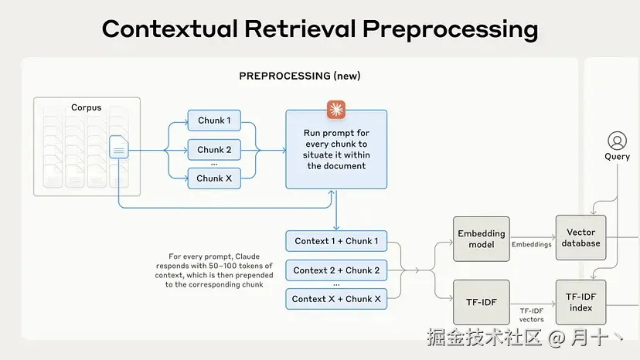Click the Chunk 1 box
pyautogui.click(x=214, y=121)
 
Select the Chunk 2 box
pyautogui.click(x=214, y=150)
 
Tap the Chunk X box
pyautogui.click(x=214, y=178)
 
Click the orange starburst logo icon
pyautogui.click(x=336, y=110)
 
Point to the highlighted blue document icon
pyautogui.click(x=119, y=147)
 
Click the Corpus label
pyautogui.click(x=86, y=107)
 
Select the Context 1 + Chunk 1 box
pyautogui.click(x=336, y=241)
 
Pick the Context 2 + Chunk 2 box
pyautogui.click(x=336, y=270)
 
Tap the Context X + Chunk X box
pyautogui.click(x=336, y=299)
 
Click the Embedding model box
pyautogui.click(x=482, y=239)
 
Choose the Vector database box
pyautogui.click(x=580, y=237)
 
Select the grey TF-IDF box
pyautogui.click(x=482, y=302)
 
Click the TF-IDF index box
pyautogui.click(x=580, y=302)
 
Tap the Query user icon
pyautogui.click(x=617, y=141)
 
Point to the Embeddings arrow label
pyautogui.click(x=532, y=244)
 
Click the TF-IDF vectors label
pyautogui.click(x=532, y=315)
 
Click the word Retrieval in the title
pyautogui.click(x=300, y=29)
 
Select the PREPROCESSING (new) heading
pyautogui.click(x=300, y=76)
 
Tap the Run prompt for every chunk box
pyautogui.click(x=336, y=149)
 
